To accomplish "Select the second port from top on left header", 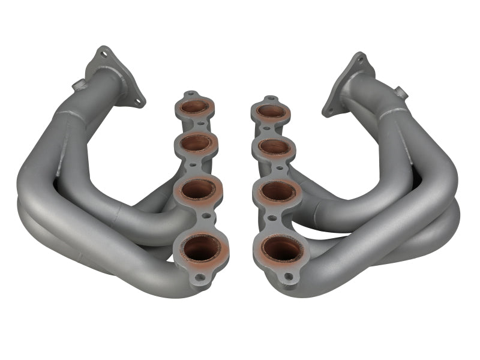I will (x=196, y=143).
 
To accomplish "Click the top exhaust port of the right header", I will (x=271, y=111).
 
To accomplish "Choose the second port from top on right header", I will (x=275, y=146).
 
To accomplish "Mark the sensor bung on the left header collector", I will (x=77, y=85).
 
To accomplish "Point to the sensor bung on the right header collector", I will (x=400, y=92).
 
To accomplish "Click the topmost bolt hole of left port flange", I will (x=191, y=95).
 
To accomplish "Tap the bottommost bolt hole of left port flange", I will (x=200, y=277).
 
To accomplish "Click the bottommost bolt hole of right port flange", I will (x=289, y=277).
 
